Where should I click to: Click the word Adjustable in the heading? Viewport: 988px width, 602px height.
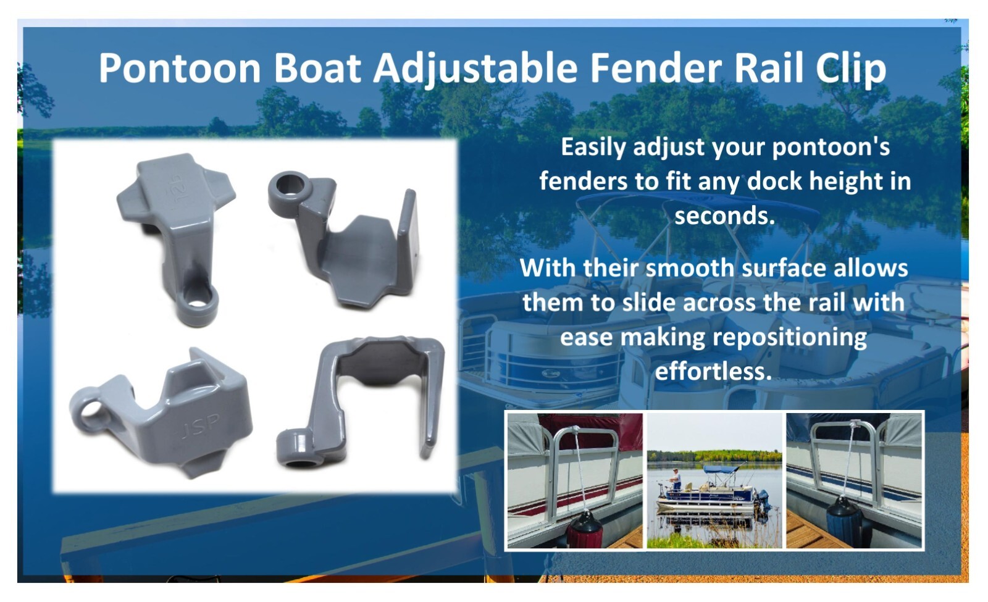coord(475,69)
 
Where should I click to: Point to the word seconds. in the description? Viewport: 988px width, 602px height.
coord(724,215)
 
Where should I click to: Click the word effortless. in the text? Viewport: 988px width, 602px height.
coord(713,371)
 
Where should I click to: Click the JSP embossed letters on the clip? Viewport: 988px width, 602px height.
coord(201,426)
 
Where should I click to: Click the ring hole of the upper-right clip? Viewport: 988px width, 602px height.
coord(289,185)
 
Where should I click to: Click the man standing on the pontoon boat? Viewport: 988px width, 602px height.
coord(677,479)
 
